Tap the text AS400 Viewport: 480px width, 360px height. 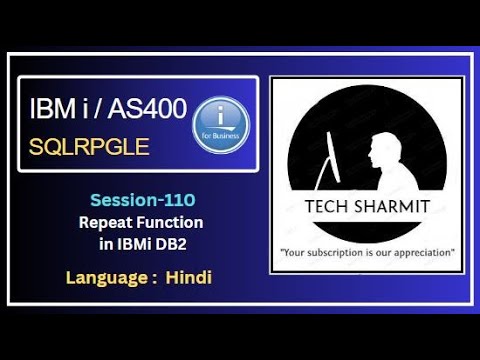(151, 109)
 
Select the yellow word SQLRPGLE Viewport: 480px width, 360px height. (90, 147)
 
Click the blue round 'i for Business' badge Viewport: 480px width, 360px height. (219, 125)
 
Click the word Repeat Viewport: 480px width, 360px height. (106, 220)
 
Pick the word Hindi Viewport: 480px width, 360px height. (190, 275)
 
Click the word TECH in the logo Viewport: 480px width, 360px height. (322, 208)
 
